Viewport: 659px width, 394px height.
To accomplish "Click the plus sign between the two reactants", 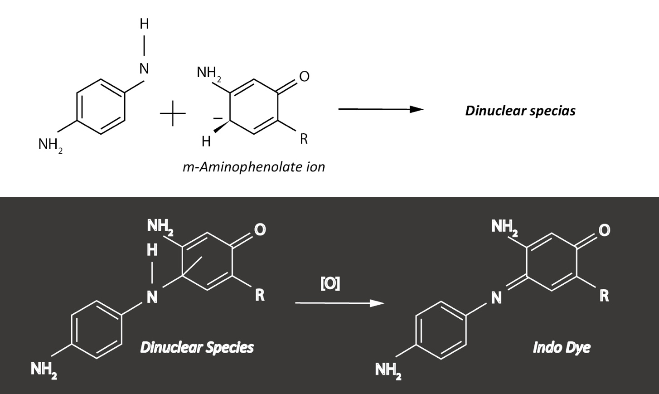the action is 173,113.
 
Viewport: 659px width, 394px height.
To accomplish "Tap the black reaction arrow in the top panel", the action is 381,109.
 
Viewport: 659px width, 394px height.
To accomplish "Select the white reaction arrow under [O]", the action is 340,303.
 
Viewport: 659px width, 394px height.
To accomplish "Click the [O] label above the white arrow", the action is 330,284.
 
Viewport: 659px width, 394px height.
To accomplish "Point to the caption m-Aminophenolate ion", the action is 254,167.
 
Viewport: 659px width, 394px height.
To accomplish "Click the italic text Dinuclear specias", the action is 520,111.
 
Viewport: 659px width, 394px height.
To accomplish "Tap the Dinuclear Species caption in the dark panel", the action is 197,347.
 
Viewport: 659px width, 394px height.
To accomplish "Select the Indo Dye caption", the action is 562,348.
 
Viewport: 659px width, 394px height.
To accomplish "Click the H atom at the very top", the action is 144,24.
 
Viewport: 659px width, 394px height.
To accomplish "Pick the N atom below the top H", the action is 144,68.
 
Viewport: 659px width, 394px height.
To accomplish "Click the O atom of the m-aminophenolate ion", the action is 304,77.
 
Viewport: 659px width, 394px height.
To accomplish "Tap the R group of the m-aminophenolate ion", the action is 304,139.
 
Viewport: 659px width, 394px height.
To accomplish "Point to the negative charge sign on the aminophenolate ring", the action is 218,118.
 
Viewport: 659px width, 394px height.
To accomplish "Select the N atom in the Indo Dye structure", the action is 496,298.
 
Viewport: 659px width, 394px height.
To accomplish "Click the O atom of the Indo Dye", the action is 604,230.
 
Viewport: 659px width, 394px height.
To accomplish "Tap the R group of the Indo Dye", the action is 604,296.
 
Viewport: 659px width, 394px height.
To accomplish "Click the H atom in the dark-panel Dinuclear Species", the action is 152,250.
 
